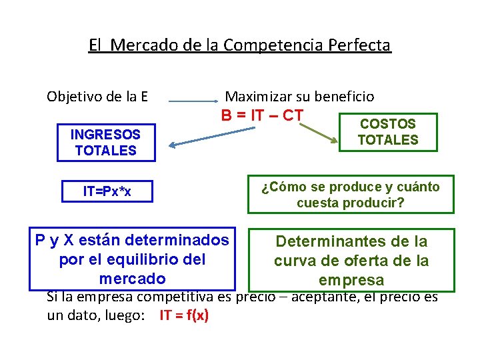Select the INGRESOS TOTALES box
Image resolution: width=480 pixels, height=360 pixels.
click(106, 143)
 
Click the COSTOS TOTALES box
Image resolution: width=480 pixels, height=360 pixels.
click(388, 132)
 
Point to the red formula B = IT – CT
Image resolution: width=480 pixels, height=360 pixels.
click(263, 115)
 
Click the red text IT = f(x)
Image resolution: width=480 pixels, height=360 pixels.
click(184, 315)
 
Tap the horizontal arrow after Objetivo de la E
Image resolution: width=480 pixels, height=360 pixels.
click(193, 101)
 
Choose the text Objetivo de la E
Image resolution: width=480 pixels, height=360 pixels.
click(97, 97)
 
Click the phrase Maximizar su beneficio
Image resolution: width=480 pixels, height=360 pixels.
click(300, 97)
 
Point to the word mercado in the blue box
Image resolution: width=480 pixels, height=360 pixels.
click(132, 278)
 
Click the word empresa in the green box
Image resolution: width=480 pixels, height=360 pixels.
click(351, 280)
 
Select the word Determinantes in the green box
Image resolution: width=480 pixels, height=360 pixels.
click(329, 241)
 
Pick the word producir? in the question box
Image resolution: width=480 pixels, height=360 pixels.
click(378, 203)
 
